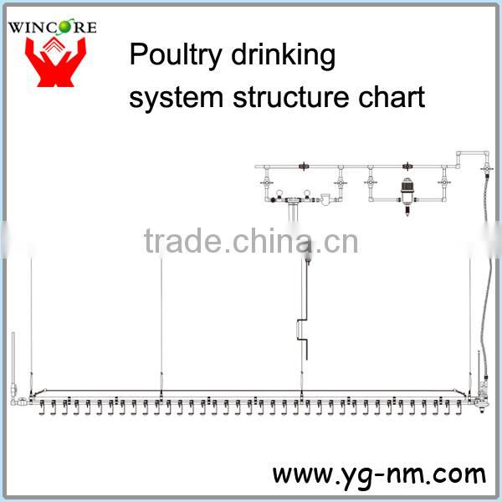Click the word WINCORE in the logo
point(53,27)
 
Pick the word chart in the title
point(393,97)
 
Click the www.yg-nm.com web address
point(378,474)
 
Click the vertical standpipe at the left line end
point(13,360)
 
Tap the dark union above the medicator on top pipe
point(408,166)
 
